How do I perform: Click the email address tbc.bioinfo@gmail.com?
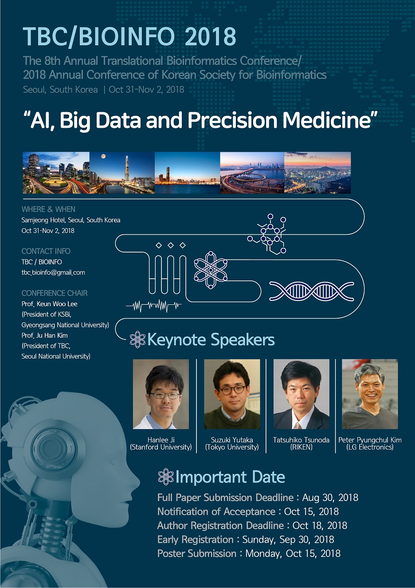click(x=53, y=272)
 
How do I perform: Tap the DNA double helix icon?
click(x=312, y=292)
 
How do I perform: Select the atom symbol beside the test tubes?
click(x=211, y=270)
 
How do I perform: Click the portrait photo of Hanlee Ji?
click(x=161, y=394)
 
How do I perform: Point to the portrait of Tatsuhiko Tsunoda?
click(x=301, y=394)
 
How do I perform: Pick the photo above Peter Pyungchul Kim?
click(x=370, y=394)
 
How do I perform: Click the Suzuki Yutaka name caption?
click(x=232, y=440)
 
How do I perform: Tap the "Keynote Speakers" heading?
click(x=211, y=339)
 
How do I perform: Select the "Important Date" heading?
click(x=230, y=477)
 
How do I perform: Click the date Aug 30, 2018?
click(x=330, y=497)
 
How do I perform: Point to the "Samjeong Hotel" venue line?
click(x=71, y=220)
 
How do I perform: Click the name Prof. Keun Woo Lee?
click(x=49, y=304)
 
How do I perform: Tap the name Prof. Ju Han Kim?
click(x=45, y=335)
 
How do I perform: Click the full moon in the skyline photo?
click(x=103, y=157)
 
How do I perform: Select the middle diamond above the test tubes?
click(x=171, y=245)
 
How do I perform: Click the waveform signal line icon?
click(x=154, y=306)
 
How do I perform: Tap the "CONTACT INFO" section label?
click(x=46, y=251)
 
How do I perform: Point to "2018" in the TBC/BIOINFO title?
click(x=211, y=36)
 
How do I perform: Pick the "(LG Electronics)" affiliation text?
click(x=370, y=447)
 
